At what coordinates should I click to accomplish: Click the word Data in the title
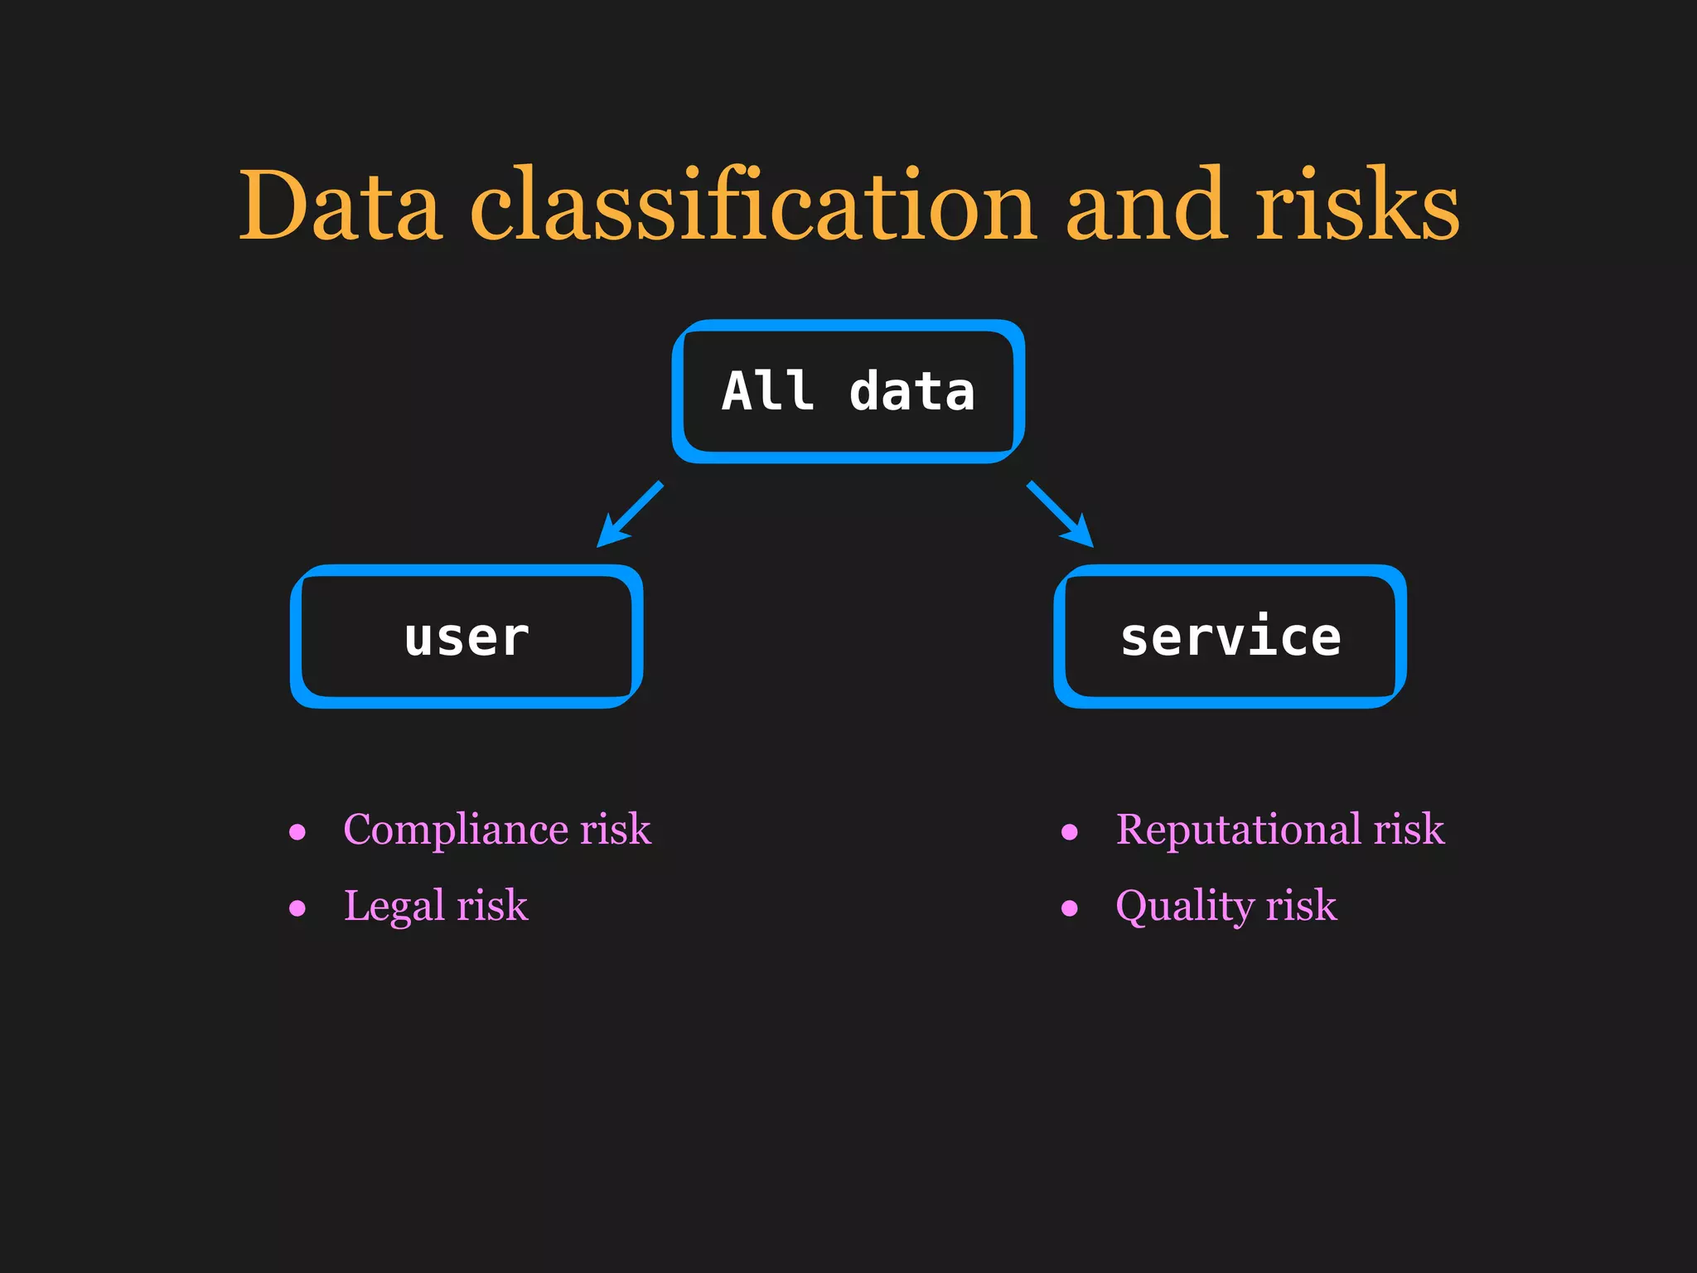click(339, 206)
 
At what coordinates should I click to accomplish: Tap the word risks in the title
click(1357, 206)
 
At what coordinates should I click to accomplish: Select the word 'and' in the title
click(1144, 206)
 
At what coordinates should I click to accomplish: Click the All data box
click(848, 391)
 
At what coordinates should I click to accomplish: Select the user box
click(467, 636)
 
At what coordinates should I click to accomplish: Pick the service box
click(1230, 636)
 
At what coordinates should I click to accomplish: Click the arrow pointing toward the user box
click(630, 515)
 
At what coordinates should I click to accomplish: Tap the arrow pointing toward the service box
click(1061, 515)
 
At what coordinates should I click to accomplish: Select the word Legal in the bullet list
click(394, 906)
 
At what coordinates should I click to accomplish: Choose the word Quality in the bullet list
click(1185, 906)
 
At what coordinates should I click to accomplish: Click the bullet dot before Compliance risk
click(297, 832)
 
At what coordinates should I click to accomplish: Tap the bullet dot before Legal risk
click(297, 908)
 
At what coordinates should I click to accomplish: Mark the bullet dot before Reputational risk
click(1070, 832)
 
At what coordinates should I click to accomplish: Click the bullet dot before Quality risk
click(1070, 908)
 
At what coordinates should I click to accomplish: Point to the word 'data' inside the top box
click(911, 391)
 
